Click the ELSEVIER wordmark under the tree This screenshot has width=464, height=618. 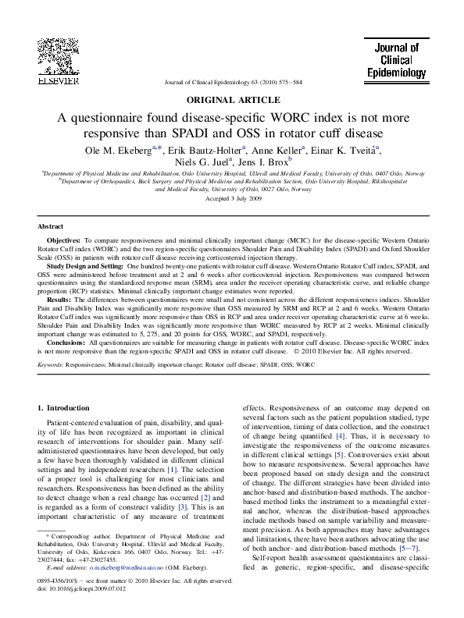pos(58,81)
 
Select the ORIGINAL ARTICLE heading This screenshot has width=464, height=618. pos(232,100)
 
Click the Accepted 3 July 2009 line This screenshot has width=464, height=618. pos(232,199)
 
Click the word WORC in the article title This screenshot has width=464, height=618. pos(272,117)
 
